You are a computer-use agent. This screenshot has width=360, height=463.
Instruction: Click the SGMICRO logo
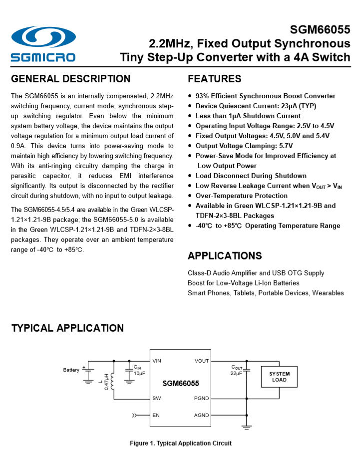click(43, 44)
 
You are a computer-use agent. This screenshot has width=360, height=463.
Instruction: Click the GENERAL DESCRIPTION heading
click(70, 79)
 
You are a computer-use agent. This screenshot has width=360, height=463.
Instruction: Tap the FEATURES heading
click(214, 79)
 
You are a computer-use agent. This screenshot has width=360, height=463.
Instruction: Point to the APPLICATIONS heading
click(225, 256)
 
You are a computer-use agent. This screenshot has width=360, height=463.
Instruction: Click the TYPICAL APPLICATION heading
click(67, 328)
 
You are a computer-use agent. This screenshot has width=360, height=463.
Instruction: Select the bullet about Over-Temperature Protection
click(241, 196)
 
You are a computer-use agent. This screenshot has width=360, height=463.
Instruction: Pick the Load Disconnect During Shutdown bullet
click(251, 176)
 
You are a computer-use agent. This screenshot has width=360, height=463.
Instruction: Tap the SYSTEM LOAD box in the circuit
click(279, 377)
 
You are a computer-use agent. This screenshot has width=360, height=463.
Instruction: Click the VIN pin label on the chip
click(157, 360)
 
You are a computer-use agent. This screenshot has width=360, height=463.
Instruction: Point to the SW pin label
click(156, 398)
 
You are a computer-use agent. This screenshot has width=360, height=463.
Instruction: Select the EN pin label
click(156, 415)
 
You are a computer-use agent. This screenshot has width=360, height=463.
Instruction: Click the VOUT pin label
click(202, 360)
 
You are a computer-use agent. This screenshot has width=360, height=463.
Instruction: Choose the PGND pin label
click(202, 398)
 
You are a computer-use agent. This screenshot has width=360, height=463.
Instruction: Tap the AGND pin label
click(202, 415)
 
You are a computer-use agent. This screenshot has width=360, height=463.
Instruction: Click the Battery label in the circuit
click(71, 370)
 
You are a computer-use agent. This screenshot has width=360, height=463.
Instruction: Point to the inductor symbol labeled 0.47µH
click(112, 382)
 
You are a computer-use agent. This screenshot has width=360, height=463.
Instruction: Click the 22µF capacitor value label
click(236, 373)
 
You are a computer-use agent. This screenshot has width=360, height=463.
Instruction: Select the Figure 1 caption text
click(181, 443)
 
